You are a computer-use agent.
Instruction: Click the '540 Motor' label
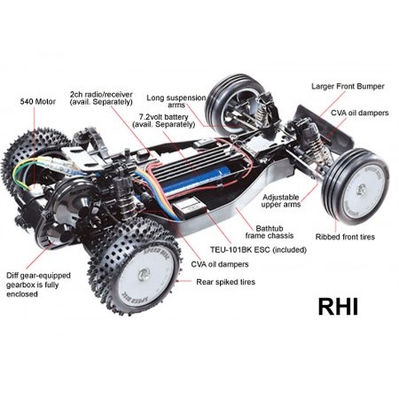[x=38, y=102]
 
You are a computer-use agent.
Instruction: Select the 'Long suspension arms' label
[x=176, y=101]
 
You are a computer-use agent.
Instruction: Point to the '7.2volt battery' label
[x=164, y=121]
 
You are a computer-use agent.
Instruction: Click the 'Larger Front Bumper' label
[x=348, y=87]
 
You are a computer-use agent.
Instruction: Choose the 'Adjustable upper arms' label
[x=281, y=200]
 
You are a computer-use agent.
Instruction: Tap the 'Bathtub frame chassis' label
[x=270, y=232]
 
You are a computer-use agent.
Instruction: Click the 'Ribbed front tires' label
[x=345, y=237]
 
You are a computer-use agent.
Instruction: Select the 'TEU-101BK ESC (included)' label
[x=258, y=250]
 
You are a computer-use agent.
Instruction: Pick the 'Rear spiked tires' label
[x=225, y=282]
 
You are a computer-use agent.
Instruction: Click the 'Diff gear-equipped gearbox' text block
[x=38, y=285]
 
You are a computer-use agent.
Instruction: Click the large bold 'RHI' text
[x=338, y=307]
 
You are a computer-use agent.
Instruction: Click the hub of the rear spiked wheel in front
[x=144, y=274]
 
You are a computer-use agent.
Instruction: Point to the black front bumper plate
[x=325, y=127]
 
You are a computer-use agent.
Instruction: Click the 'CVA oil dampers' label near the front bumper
[x=359, y=113]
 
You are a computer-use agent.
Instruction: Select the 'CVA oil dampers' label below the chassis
[x=220, y=264]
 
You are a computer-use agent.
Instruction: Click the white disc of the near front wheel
[x=364, y=189]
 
